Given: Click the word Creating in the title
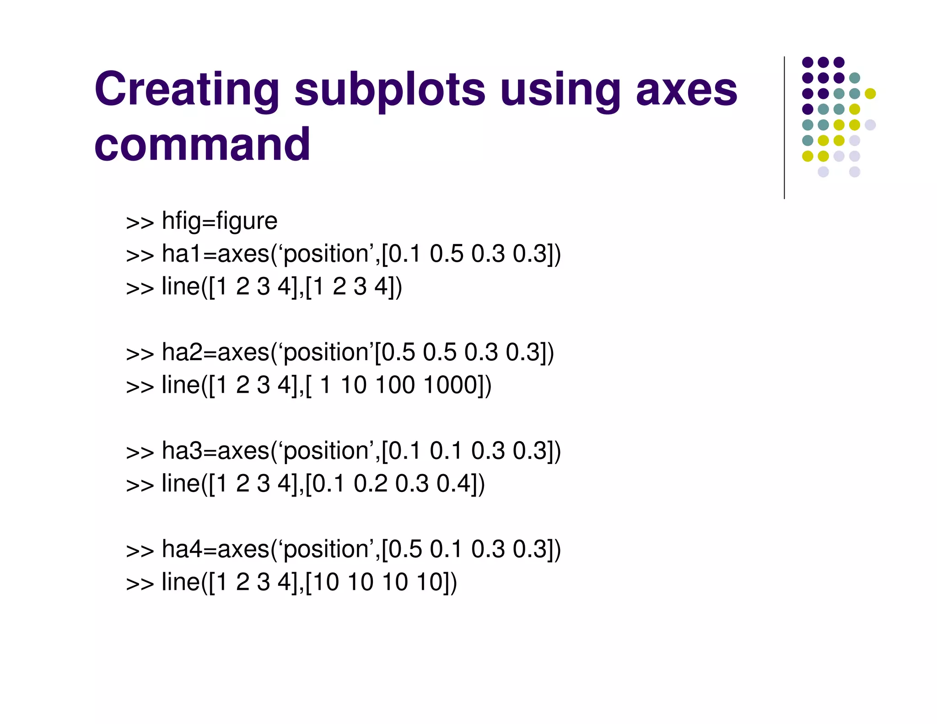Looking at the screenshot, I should (187, 89).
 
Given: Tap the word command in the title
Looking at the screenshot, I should (202, 144).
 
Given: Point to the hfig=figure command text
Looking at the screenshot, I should (220, 221).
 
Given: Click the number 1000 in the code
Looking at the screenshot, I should (451, 385).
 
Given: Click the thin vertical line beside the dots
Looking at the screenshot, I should (784, 128).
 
